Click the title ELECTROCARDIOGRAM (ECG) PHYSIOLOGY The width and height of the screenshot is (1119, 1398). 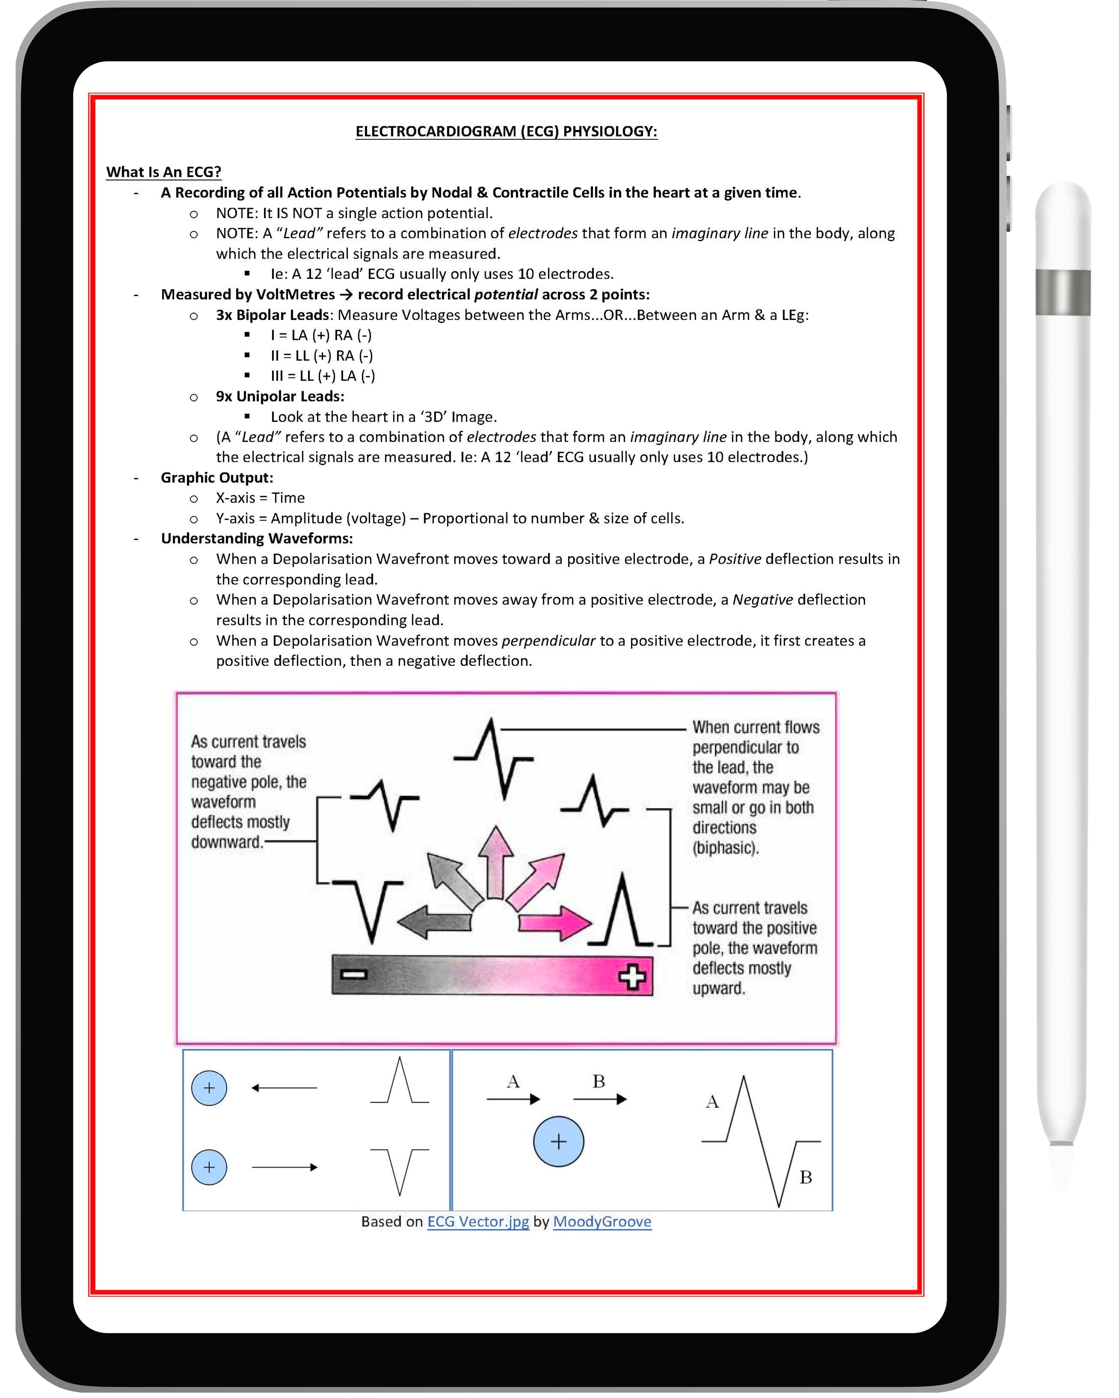tap(506, 132)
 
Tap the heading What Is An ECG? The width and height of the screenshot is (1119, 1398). tap(163, 172)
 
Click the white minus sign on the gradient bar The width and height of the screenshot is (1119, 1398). tap(354, 974)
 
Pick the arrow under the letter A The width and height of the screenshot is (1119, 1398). tap(513, 1099)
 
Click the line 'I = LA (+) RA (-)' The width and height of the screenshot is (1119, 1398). tap(321, 335)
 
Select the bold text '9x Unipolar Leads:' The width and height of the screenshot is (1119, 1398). tap(280, 396)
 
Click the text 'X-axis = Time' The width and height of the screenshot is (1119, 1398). tap(260, 498)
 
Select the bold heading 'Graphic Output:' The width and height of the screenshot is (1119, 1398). tap(217, 478)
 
